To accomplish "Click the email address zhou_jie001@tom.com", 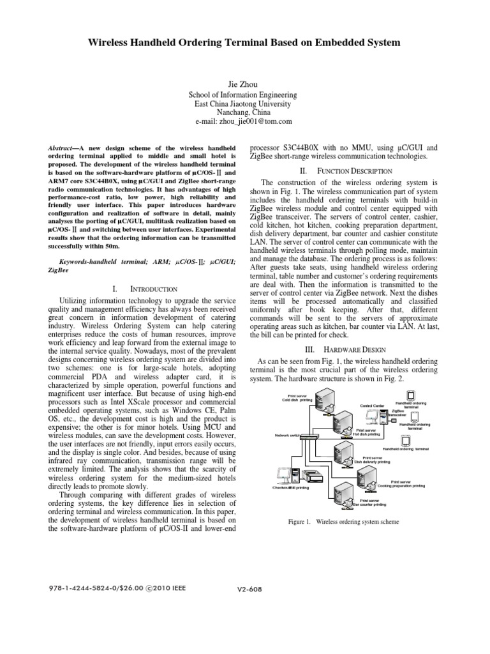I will click(x=244, y=121).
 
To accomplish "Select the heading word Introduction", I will click(x=138, y=289).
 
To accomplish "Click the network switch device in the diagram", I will click(x=309, y=436).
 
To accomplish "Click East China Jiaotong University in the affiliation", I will click(x=244, y=103).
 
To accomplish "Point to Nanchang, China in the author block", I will click(x=244, y=112).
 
